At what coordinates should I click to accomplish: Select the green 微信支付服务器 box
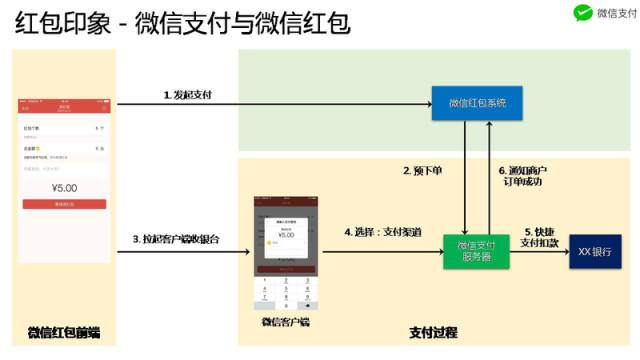[476, 251]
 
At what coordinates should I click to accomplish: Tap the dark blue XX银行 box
[594, 250]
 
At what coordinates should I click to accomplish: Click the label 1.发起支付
[187, 95]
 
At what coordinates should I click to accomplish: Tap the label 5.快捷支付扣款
[537, 237]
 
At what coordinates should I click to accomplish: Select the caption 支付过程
[436, 332]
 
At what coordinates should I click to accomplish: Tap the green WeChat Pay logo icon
[582, 13]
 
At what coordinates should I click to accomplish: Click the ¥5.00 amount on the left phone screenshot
[64, 187]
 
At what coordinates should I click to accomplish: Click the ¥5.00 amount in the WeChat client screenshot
[286, 235]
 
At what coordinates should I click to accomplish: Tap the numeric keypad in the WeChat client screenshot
[286, 291]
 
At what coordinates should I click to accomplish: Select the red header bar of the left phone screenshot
[63, 107]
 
